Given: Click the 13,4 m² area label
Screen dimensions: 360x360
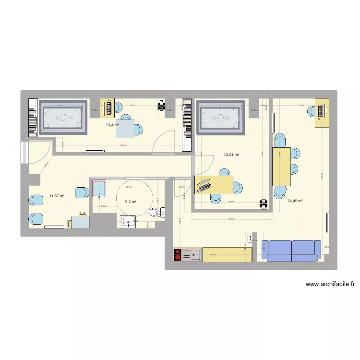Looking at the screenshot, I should [112, 125].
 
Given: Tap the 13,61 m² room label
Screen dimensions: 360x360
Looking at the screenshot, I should [231, 155].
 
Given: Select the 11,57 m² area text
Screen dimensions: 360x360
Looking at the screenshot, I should [57, 196].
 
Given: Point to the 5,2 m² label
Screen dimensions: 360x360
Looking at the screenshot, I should [131, 202].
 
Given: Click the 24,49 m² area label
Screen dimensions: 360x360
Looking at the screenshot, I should [295, 201].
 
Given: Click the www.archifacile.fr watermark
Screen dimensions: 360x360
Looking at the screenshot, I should [330, 284].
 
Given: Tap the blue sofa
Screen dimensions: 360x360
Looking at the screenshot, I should [291, 251].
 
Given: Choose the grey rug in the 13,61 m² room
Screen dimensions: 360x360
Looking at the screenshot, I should [222, 118].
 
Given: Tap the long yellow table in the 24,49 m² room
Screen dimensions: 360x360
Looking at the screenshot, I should [281, 167].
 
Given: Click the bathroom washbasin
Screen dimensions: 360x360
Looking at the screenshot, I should [128, 221].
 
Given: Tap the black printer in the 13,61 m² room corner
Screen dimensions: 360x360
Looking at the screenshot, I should [263, 204].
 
